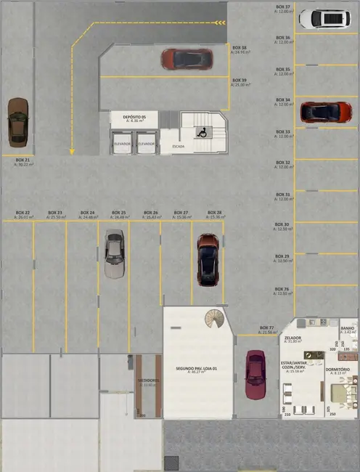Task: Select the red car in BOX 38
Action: (187, 59)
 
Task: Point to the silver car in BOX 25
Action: (114, 253)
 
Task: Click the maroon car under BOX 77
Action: (255, 374)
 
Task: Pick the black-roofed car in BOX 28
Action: (207, 259)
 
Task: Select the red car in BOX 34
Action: (325, 111)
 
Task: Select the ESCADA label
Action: (178, 147)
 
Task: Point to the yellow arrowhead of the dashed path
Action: (72, 152)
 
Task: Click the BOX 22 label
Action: (22, 212)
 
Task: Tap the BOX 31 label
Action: (283, 195)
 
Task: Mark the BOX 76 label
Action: (283, 289)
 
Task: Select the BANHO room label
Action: (348, 328)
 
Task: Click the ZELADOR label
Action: (292, 338)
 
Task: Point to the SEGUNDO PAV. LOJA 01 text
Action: (196, 368)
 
